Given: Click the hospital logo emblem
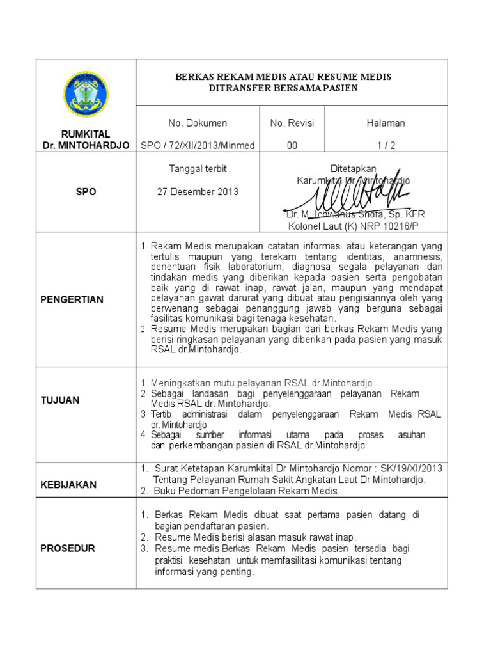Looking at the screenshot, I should click(x=86, y=94).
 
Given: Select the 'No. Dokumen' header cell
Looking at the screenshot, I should click(x=198, y=123).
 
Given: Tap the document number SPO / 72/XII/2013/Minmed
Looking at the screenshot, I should click(x=198, y=145).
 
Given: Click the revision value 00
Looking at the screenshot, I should click(x=292, y=145).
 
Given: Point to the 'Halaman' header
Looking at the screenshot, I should click(x=386, y=123).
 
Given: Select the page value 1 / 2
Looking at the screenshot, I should click(x=386, y=145).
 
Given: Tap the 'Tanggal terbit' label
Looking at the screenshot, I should click(x=198, y=169).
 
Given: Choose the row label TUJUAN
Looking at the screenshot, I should click(x=61, y=400).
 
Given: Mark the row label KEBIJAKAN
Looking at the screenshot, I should click(x=68, y=485).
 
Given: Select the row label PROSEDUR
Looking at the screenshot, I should click(x=68, y=548).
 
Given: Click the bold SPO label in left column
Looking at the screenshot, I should click(x=86, y=192).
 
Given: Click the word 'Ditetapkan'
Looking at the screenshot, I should click(x=353, y=168).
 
